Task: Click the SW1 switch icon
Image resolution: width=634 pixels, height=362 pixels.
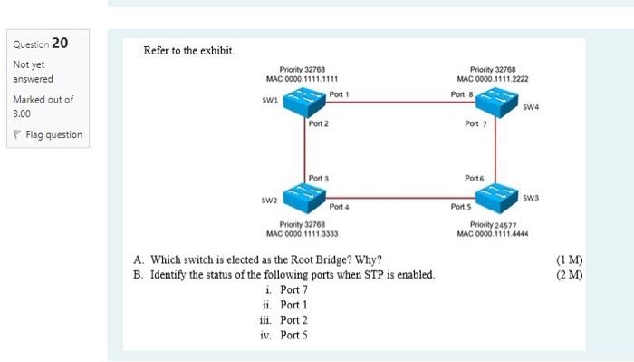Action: pos(304,103)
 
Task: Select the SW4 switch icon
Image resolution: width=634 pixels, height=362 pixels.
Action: pos(498,103)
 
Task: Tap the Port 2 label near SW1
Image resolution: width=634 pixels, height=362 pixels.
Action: pos(319,123)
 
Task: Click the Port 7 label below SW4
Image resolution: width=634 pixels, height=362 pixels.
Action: pos(476,123)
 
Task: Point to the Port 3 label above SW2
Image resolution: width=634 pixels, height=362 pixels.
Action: pos(319,178)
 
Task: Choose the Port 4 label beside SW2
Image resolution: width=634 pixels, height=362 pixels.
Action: pos(341,207)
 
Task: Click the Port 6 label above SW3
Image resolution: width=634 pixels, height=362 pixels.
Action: pos(475,178)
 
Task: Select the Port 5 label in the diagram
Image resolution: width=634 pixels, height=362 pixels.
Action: pos(462,207)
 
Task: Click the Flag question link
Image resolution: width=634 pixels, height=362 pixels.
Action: pos(51,135)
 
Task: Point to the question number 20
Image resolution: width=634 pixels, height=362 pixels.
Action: pos(59,43)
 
